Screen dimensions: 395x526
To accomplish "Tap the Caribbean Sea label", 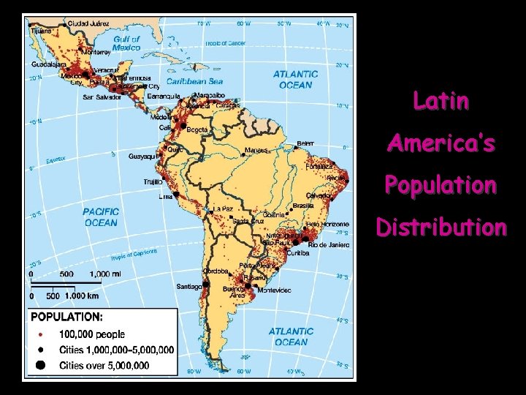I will [x=195, y=82].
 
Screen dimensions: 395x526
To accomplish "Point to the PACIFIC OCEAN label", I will [x=100, y=217].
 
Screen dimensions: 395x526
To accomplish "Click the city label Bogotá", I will [x=197, y=129].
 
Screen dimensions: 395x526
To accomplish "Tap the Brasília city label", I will [x=303, y=206].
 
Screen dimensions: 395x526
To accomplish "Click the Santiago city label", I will [x=189, y=286].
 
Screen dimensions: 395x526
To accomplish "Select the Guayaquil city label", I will [x=141, y=156].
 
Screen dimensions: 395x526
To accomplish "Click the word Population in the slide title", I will [x=441, y=185].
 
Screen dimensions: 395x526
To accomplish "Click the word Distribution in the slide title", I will [x=441, y=227].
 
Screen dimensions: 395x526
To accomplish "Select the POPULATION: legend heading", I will [x=66, y=317].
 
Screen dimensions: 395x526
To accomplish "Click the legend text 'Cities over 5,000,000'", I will [x=104, y=365].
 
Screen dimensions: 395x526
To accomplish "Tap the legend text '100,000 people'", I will [x=92, y=334].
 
